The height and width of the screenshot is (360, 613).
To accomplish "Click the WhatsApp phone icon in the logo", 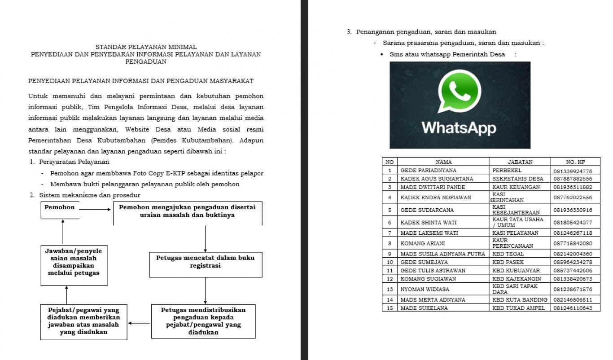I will point(459,92).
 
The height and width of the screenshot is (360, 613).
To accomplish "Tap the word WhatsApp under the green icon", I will point(459,128).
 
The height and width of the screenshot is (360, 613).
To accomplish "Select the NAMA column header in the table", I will point(443,162).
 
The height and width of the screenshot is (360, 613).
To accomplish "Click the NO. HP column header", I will point(575,162).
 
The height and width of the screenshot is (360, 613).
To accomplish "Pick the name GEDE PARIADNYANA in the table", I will point(428,171).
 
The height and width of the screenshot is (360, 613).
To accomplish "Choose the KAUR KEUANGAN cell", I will point(514,187).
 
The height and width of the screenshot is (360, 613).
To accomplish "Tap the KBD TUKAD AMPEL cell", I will point(518,308).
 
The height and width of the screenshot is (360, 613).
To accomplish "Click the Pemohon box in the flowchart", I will point(60,210).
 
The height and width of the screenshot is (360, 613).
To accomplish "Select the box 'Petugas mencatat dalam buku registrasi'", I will point(205,264).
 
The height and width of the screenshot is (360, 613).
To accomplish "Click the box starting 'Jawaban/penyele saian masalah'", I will point(74,265).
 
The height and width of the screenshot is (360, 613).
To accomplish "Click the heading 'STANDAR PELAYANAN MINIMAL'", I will point(146,47).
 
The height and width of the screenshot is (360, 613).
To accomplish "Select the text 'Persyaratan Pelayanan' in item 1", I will point(74,162).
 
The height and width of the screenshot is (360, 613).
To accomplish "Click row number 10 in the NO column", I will point(390,262).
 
